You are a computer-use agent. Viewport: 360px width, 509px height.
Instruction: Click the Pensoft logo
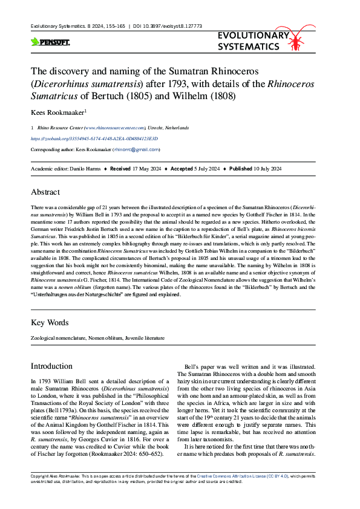[x=50, y=42]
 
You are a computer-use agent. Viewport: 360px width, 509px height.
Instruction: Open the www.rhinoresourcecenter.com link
[x=115, y=128]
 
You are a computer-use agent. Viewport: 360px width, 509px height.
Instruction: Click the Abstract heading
[x=45, y=192]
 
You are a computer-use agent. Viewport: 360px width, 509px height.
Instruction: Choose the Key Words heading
[x=50, y=323]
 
